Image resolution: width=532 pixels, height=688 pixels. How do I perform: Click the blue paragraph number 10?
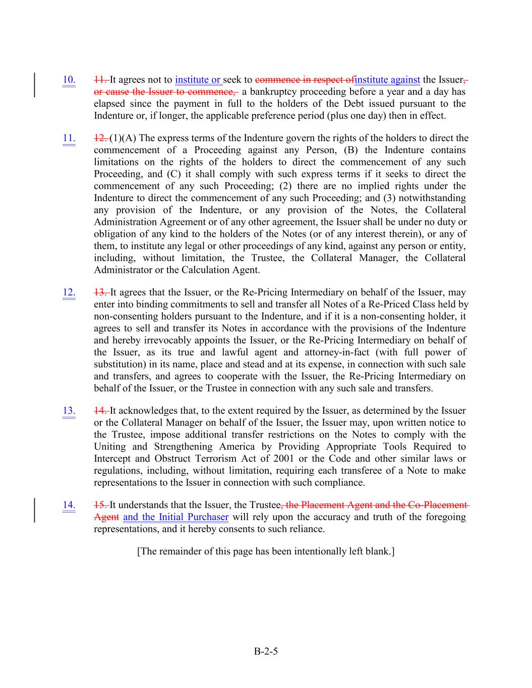(x=69, y=80)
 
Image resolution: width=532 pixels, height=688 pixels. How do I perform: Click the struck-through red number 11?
(x=100, y=80)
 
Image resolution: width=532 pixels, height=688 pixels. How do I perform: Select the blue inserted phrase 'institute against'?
(x=387, y=80)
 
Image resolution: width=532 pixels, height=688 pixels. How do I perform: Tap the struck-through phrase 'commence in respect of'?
(x=305, y=80)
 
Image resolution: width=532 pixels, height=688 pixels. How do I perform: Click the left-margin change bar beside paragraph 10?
(x=35, y=85)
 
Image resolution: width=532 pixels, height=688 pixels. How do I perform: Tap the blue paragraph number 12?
(x=69, y=292)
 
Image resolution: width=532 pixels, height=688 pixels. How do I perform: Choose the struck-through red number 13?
(x=100, y=292)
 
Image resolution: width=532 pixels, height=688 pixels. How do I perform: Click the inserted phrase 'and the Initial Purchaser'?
(x=175, y=517)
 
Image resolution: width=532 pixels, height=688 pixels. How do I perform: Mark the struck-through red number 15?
(x=100, y=505)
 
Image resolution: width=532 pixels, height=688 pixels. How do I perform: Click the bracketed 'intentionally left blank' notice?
(x=266, y=551)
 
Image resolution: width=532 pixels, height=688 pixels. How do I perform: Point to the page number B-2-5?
(x=266, y=651)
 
